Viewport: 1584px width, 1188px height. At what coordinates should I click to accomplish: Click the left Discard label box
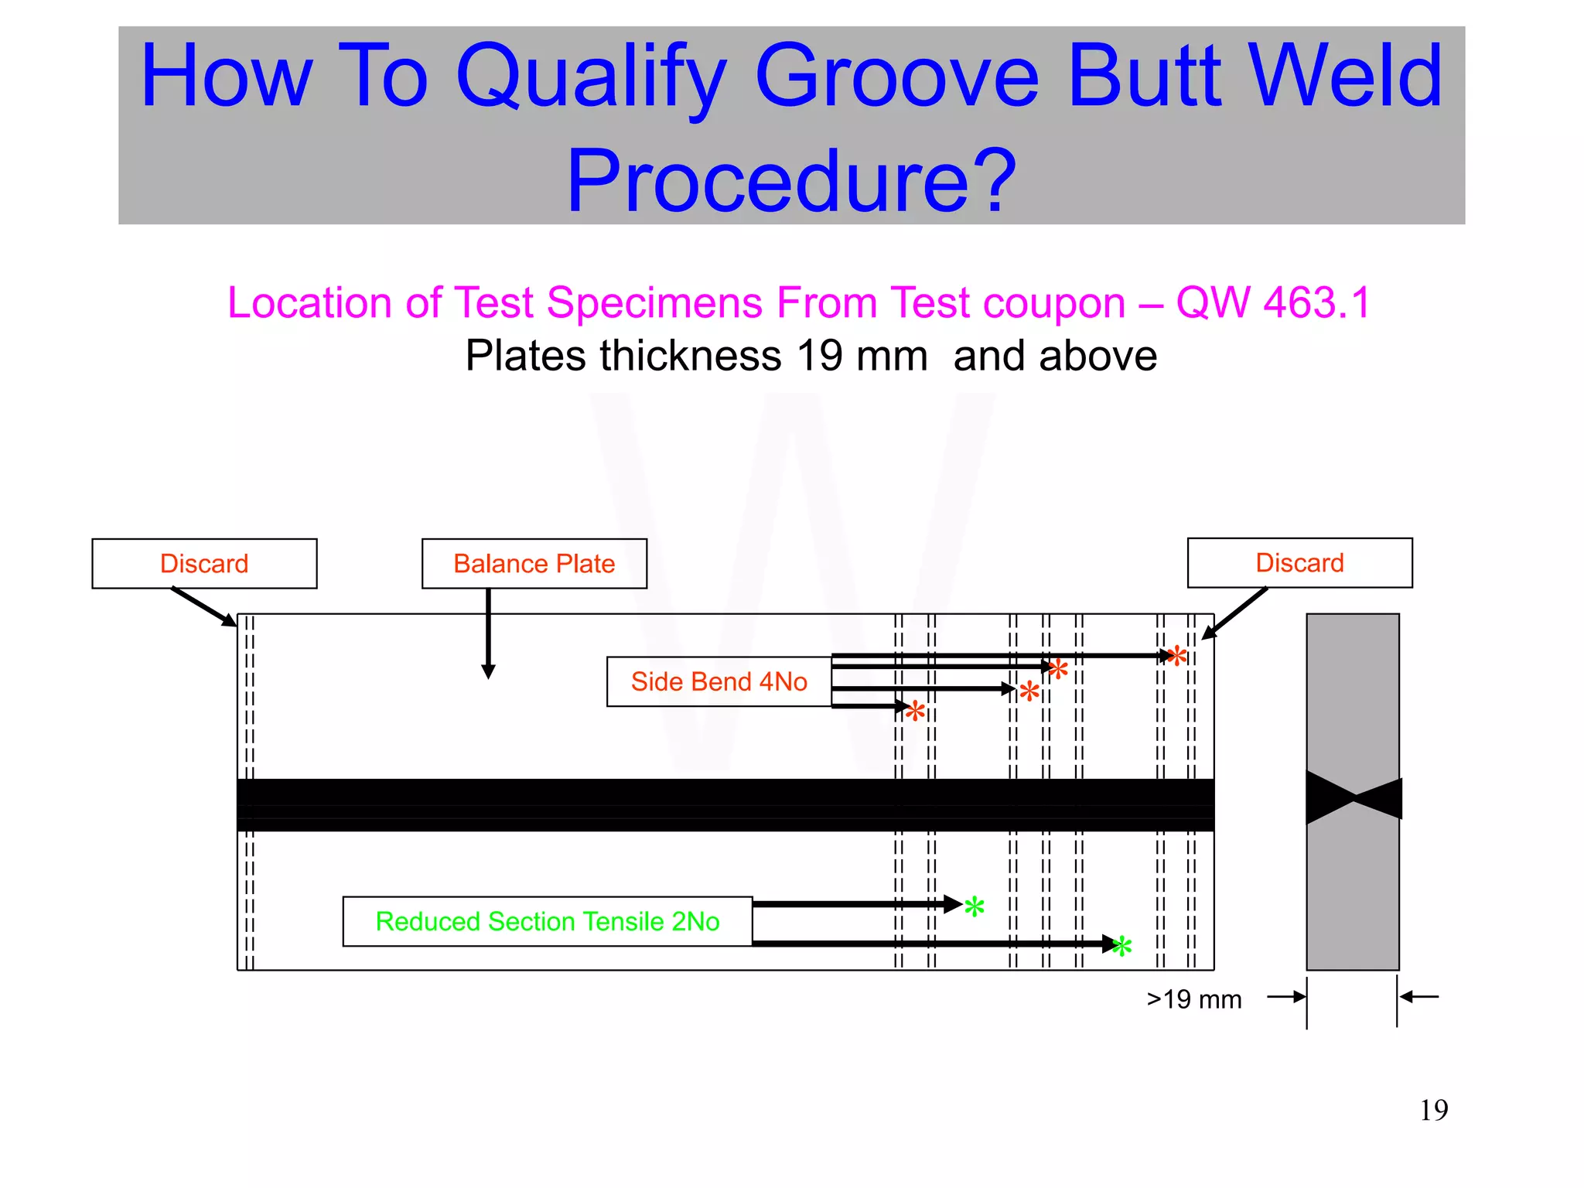[x=204, y=564]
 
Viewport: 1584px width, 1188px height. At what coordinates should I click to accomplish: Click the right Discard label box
[x=1299, y=563]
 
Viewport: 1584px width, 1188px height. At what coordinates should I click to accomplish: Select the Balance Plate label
[x=534, y=564]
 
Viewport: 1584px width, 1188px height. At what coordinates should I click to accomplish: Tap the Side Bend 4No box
[x=719, y=681]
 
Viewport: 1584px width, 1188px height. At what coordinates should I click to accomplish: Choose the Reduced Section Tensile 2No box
[x=547, y=921]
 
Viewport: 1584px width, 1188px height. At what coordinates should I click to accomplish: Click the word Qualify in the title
[x=591, y=77]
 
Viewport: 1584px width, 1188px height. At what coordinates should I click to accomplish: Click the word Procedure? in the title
[x=790, y=182]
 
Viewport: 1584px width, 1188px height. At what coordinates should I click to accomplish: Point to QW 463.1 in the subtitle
[x=1273, y=302]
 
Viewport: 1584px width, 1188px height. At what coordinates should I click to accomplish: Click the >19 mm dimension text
[x=1193, y=999]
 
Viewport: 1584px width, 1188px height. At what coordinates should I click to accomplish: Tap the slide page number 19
[x=1433, y=1111]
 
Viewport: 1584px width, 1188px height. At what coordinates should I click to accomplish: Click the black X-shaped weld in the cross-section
[x=1354, y=797]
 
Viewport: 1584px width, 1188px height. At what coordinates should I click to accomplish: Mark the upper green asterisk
[x=975, y=906]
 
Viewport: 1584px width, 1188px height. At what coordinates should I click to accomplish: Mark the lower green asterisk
[x=1121, y=945]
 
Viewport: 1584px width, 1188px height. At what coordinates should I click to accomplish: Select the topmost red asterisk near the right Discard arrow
[x=1176, y=656]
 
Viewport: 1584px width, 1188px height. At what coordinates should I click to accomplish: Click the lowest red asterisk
[x=915, y=710]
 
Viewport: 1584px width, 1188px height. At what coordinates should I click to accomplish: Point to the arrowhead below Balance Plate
[x=488, y=671]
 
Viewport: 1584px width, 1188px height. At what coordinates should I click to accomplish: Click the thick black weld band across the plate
[x=725, y=804]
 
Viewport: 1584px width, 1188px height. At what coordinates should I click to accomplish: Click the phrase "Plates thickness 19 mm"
[x=696, y=357]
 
